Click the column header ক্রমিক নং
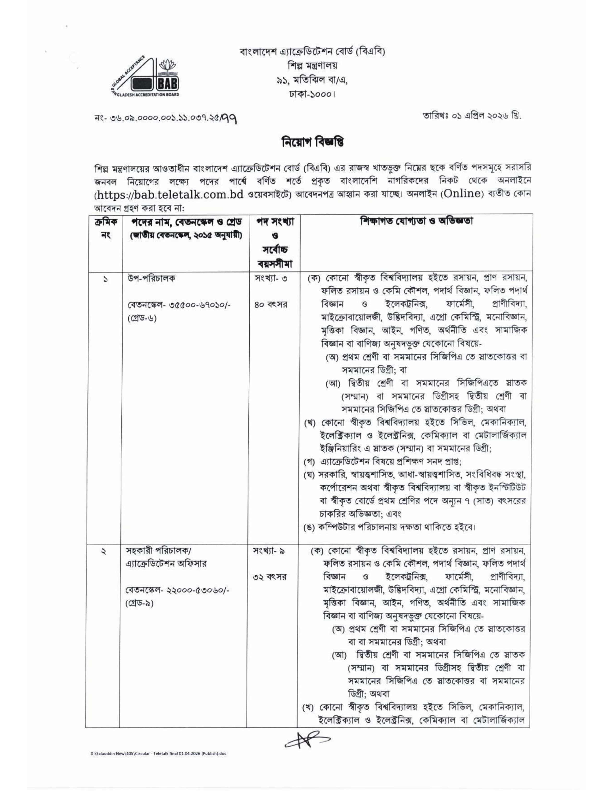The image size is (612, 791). tap(103, 228)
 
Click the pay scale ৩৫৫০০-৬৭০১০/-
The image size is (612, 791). tap(197, 305)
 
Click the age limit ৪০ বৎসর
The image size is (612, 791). tap(270, 305)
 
